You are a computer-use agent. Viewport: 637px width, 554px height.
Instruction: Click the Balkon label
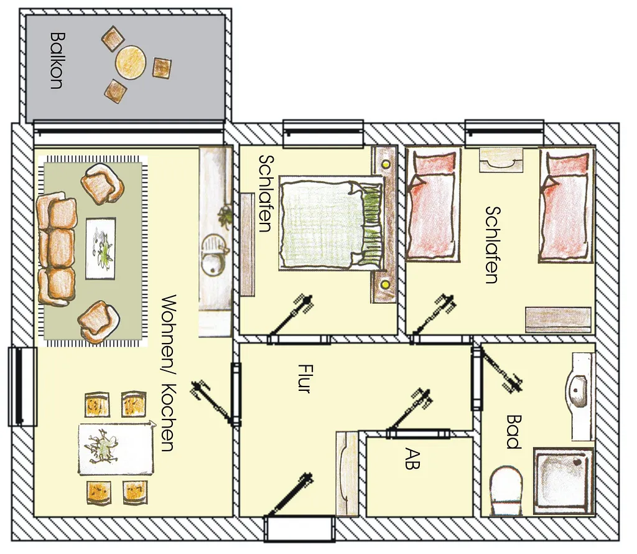[56, 60]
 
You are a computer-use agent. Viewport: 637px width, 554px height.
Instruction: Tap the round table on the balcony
[130, 62]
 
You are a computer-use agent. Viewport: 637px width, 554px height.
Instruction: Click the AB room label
[413, 459]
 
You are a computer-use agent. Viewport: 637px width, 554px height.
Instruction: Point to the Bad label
[513, 431]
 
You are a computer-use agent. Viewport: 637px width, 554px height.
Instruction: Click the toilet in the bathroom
[506, 491]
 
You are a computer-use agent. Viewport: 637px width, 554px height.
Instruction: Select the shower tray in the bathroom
[564, 481]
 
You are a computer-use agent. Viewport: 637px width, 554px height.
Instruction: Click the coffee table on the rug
[100, 248]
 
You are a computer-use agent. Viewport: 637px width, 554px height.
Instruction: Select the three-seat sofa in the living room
[57, 249]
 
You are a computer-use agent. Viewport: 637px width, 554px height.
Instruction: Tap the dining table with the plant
[116, 449]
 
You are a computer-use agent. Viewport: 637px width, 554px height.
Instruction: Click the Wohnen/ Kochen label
[169, 373]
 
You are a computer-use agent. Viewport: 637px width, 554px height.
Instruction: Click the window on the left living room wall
[22, 387]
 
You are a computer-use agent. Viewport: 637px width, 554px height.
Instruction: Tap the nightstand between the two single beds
[500, 159]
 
